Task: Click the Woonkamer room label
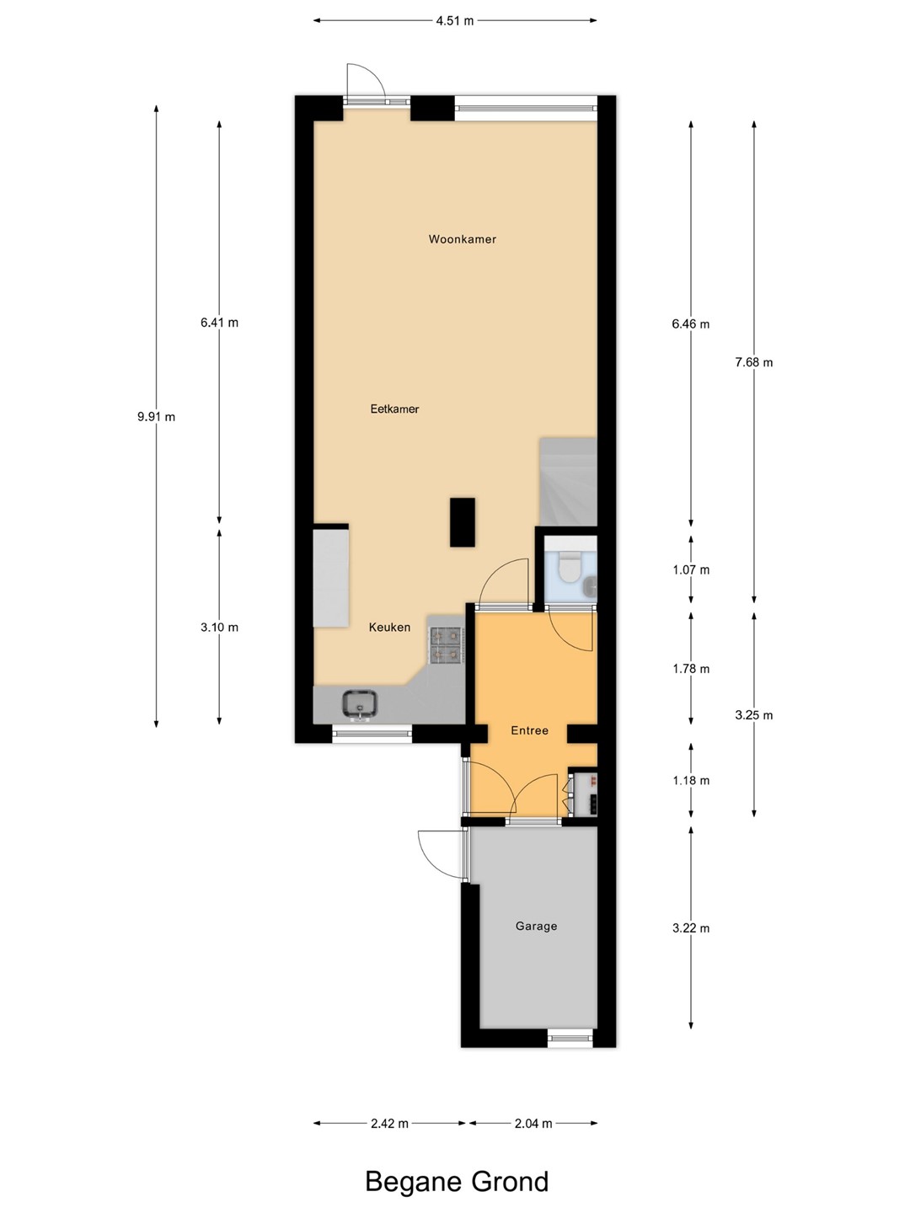coord(462,239)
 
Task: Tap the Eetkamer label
coord(394,409)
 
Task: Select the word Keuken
coord(389,628)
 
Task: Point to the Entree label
coord(529,730)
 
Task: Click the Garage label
coord(536,926)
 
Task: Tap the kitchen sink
coord(360,704)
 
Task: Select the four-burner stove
coord(447,645)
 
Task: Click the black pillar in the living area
coord(462,522)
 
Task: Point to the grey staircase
coord(568,481)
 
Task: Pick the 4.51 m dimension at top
coord(455,21)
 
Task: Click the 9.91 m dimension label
coord(157,417)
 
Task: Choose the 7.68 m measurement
coord(753,362)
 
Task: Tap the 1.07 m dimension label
coord(691,569)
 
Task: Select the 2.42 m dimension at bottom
coord(389,1123)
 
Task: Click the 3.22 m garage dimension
coord(691,927)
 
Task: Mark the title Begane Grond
coord(457,1180)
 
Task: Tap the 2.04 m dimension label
coord(533,1123)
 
